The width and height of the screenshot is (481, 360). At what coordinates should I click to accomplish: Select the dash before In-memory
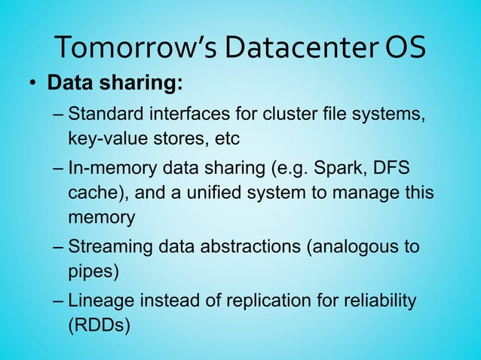pyautogui.click(x=59, y=167)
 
